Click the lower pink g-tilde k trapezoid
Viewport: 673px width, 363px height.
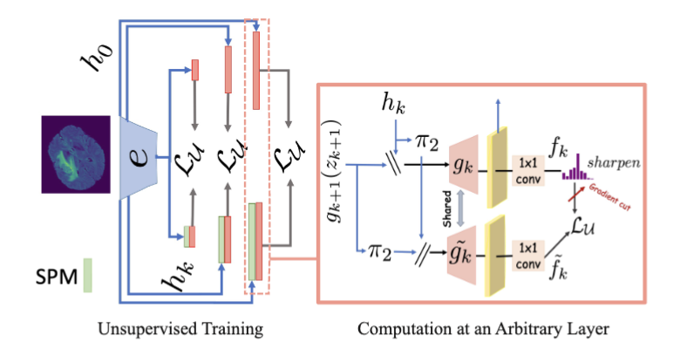click(x=466, y=250)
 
